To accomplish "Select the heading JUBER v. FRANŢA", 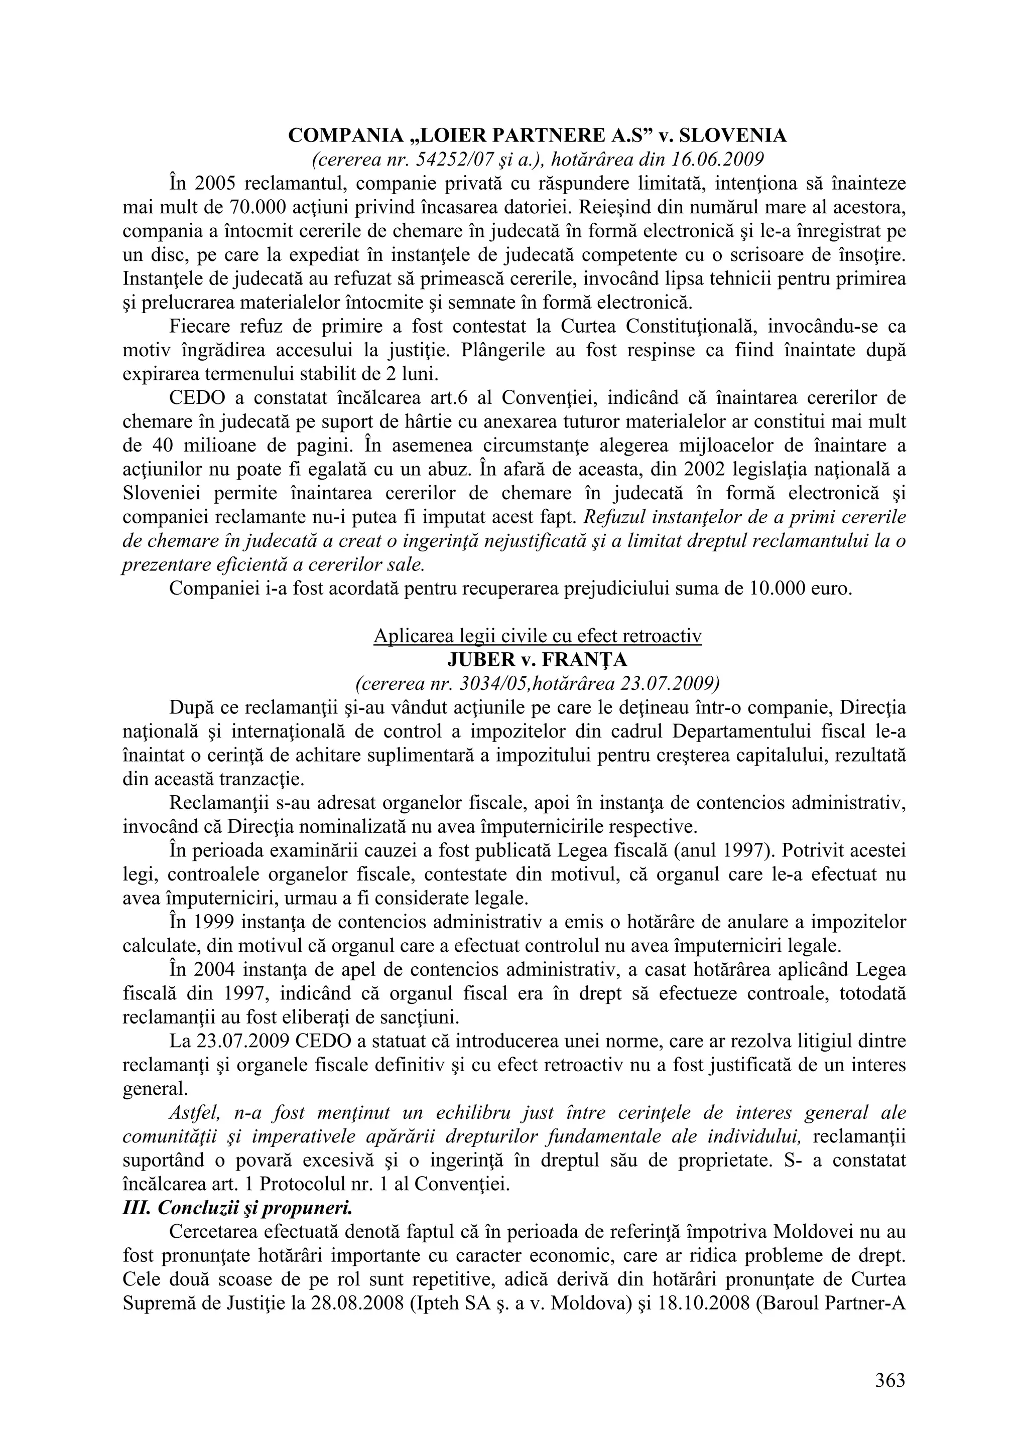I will coord(537,660).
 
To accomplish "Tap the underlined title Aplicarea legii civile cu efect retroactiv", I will coord(537,636).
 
